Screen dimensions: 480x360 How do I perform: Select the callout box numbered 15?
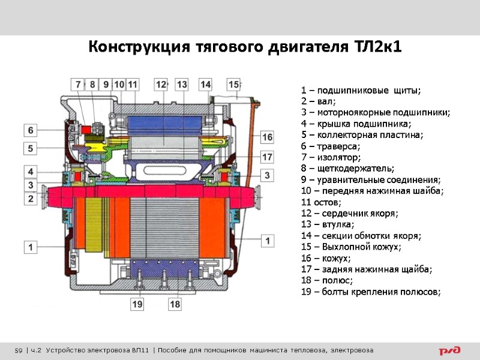click(x=233, y=85)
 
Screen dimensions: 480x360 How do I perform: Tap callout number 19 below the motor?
click(x=139, y=305)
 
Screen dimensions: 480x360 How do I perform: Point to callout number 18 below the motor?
click(x=175, y=305)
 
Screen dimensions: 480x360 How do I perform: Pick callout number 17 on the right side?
click(x=267, y=157)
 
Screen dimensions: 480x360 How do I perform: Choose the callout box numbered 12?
click(x=161, y=85)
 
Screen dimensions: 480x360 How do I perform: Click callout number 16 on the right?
click(x=267, y=137)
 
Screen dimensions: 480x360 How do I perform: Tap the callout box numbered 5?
click(x=31, y=148)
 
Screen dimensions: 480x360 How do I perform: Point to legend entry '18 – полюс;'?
click(x=327, y=280)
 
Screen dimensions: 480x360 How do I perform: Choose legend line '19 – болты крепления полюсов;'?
click(x=371, y=292)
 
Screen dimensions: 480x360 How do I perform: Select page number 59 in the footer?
click(x=19, y=350)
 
